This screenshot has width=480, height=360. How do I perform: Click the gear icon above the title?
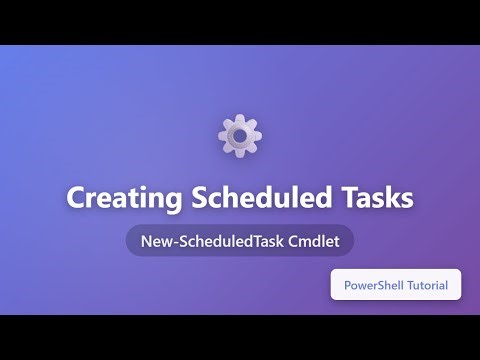coord(240,135)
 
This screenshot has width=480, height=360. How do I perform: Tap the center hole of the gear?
coord(240,135)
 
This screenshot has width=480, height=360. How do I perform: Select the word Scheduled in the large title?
coord(259,198)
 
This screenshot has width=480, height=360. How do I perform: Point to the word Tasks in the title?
coord(379,198)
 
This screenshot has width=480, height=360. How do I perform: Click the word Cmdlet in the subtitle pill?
coord(317,241)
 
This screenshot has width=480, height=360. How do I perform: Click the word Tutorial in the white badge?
coord(432,286)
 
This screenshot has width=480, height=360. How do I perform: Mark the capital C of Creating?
coord(76,198)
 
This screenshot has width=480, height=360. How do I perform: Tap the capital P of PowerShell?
coord(348,286)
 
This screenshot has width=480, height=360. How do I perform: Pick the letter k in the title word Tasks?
coord(393,198)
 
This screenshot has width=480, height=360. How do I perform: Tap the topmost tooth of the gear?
coord(240,119)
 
